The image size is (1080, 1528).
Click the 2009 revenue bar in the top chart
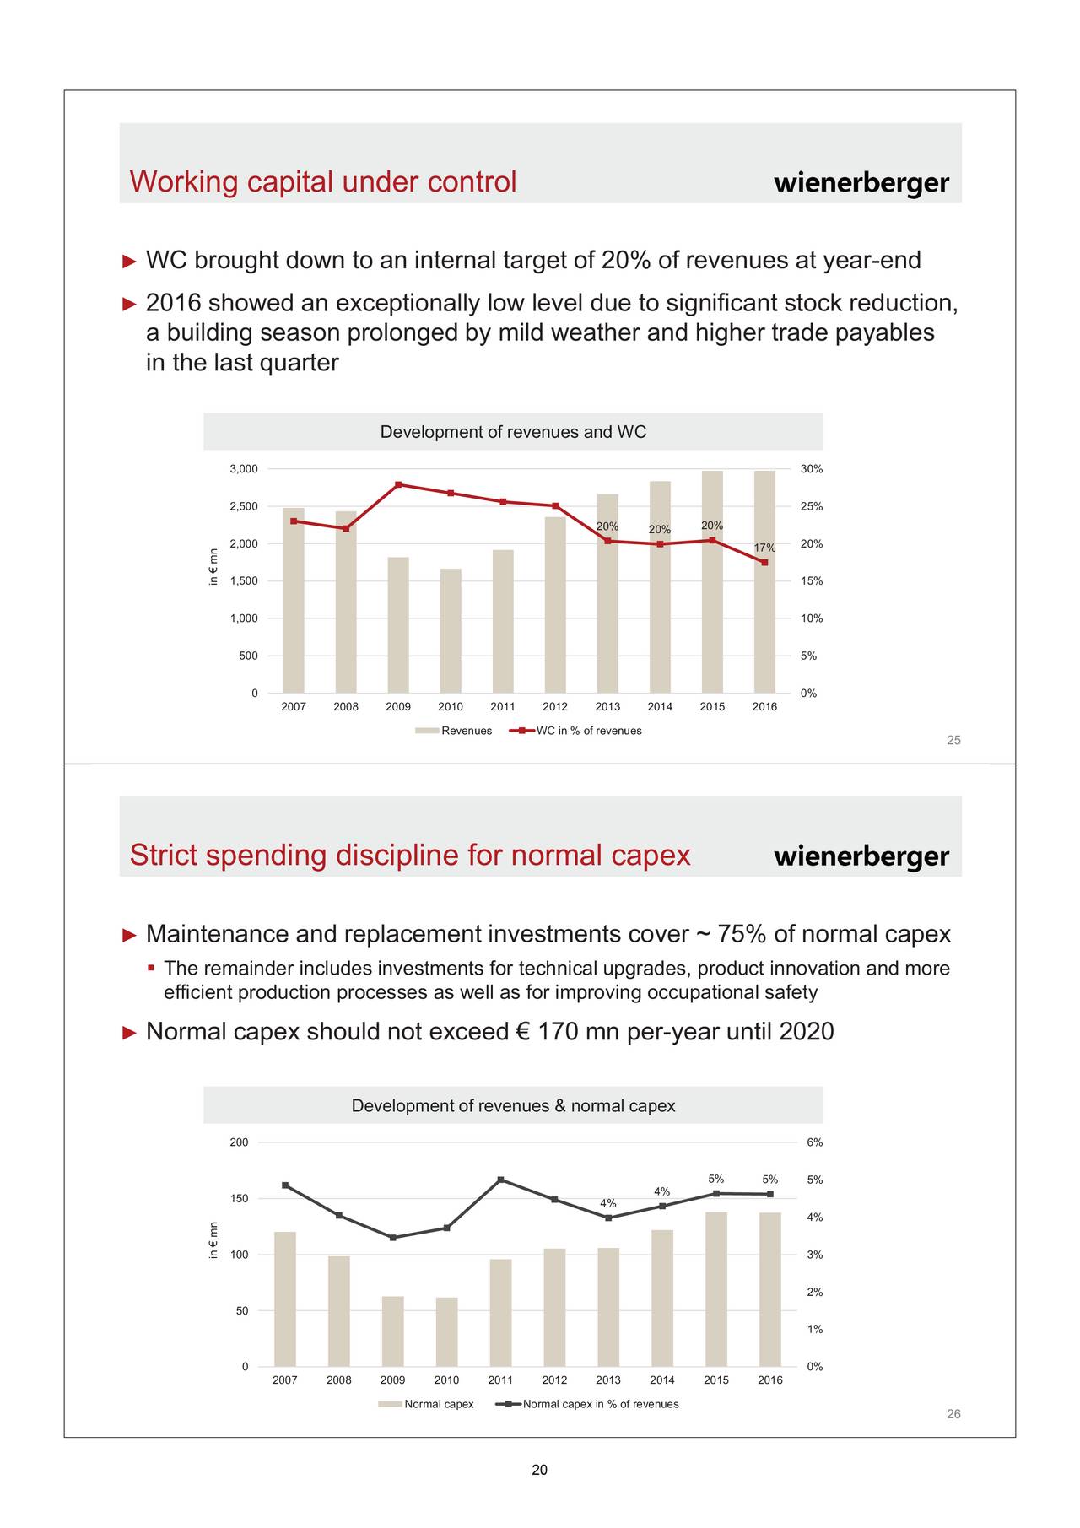coord(398,625)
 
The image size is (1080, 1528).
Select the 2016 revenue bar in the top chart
coord(764,582)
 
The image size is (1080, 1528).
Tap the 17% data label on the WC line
coord(764,548)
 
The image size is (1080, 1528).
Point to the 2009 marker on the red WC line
coord(398,484)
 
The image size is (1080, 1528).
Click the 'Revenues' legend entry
coord(453,731)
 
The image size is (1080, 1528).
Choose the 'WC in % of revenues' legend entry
coord(575,731)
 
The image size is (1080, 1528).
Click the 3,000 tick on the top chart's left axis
coord(244,469)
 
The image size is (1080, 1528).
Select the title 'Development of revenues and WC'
coord(513,432)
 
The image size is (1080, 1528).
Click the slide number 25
coord(953,740)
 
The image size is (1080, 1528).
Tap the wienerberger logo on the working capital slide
coord(861,183)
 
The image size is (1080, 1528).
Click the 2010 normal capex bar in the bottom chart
coord(446,1332)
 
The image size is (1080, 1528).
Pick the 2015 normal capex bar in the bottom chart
coord(716,1289)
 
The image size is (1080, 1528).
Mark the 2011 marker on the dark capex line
coord(500,1180)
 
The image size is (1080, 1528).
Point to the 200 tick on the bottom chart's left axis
coord(240,1142)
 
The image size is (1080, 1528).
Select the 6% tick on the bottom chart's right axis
coord(814,1142)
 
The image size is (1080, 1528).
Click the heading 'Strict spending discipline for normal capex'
coord(410,856)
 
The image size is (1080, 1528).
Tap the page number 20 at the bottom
coord(540,1471)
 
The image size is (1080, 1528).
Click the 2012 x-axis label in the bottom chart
coord(554,1380)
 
